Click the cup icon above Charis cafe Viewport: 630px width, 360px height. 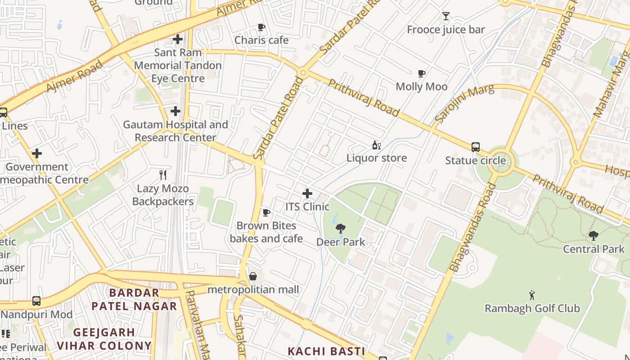pos(261,27)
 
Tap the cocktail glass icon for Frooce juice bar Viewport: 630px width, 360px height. pos(445,17)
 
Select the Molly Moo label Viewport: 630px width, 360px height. pos(421,86)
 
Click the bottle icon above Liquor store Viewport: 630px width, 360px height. pos(376,145)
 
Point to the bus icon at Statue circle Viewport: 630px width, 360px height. pos(475,147)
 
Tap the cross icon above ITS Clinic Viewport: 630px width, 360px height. pos(307,193)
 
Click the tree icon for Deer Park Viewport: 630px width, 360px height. pos(341,229)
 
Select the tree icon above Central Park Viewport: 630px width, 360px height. pos(594,235)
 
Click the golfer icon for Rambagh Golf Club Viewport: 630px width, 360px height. pos(532,295)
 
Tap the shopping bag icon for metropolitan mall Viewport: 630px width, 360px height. pos(253,276)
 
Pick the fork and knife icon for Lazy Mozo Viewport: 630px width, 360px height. pos(163,175)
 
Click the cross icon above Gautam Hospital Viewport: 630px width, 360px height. pos(175,111)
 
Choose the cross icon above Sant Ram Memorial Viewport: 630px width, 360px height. pos(178,39)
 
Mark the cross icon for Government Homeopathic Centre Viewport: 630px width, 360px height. pos(37,153)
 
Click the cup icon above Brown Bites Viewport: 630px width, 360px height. pos(266,212)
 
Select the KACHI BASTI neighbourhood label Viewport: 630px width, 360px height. pos(326,351)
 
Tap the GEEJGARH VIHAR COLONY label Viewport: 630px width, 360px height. pos(104,339)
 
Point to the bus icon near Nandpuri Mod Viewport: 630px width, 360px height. pos(36,301)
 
